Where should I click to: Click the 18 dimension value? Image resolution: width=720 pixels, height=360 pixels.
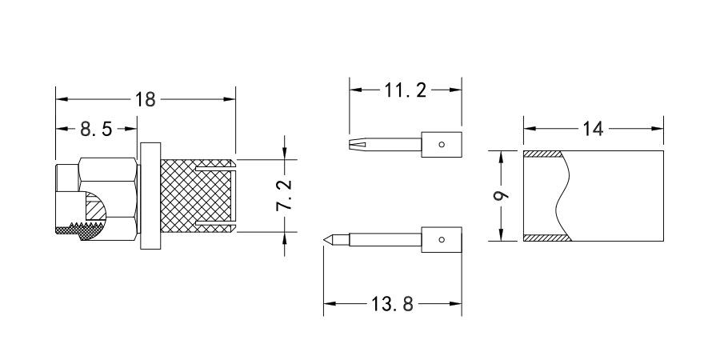click(x=146, y=99)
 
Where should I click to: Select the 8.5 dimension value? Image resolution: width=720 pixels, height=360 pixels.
click(x=95, y=128)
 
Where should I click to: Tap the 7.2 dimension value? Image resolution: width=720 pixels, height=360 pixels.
click(x=284, y=195)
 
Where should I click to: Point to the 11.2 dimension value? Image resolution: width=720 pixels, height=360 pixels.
click(x=405, y=90)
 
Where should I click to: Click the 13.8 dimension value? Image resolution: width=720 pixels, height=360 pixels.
click(x=393, y=304)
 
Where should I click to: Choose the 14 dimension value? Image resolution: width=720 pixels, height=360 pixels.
click(x=592, y=128)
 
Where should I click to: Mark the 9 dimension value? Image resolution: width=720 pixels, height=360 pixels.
click(x=500, y=195)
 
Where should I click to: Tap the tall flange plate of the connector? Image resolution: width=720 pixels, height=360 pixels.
click(x=150, y=196)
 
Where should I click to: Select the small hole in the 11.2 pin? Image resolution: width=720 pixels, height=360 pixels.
click(x=442, y=145)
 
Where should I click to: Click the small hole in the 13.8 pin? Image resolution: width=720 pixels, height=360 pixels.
click(x=442, y=239)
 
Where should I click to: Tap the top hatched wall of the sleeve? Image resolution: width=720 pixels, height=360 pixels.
click(x=544, y=154)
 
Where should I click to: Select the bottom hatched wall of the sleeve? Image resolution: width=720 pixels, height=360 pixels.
click(x=546, y=237)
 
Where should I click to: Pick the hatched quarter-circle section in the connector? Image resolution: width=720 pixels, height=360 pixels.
click(x=94, y=209)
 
